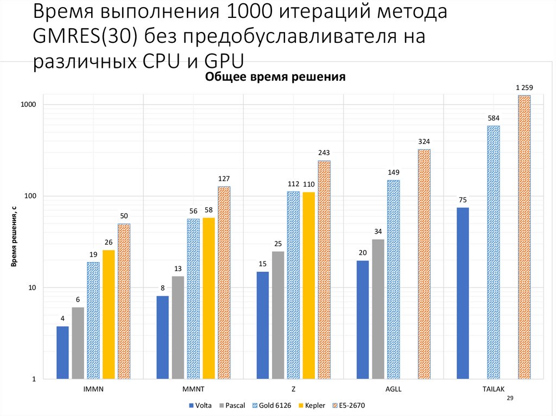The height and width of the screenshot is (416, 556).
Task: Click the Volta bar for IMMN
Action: pos(62,353)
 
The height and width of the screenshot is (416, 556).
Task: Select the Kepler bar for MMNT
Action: pos(208,298)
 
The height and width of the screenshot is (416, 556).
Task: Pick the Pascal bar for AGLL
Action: pos(378,309)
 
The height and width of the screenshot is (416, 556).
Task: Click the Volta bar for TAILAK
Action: pos(463,293)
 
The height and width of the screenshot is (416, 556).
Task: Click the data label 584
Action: pos(494,118)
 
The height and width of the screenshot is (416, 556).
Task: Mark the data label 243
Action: pos(324,152)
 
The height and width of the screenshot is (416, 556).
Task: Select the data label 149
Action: pos(394,172)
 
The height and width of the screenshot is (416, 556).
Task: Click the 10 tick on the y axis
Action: pos(32,287)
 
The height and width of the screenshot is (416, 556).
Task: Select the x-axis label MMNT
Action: pos(193,389)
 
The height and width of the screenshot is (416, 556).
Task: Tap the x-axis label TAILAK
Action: pos(494,389)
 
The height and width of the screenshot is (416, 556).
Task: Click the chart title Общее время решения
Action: pos(275,77)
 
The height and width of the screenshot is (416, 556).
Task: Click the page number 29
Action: pos(509,398)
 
